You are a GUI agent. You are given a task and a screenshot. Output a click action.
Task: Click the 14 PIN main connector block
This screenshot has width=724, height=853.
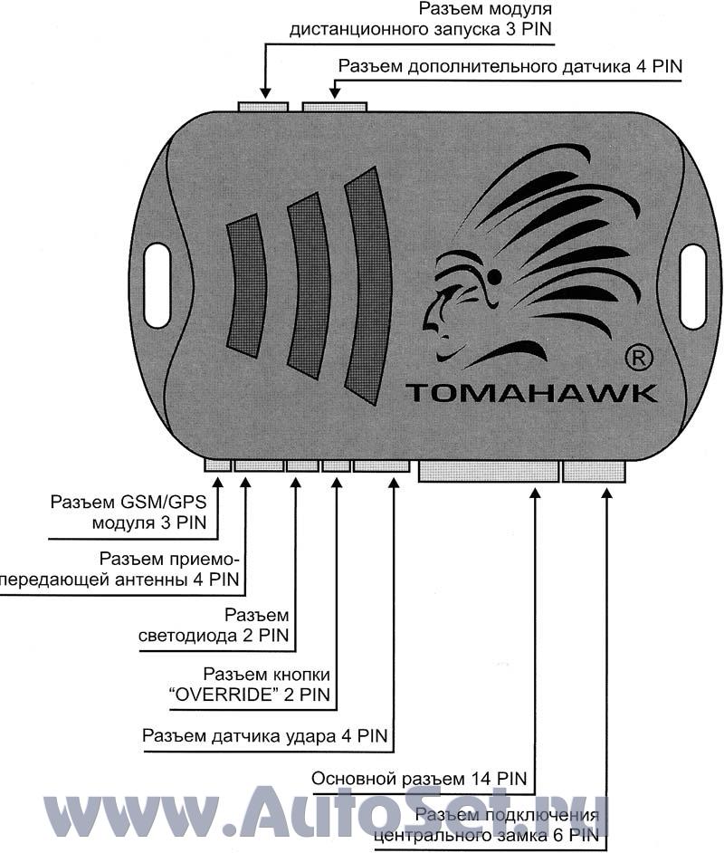488,470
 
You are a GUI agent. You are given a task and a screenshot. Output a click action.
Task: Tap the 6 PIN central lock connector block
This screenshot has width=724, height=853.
594,470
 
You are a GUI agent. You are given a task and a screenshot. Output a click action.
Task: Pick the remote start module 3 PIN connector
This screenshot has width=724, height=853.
263,106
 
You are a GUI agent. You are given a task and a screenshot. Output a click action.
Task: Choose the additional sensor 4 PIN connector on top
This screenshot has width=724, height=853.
334,106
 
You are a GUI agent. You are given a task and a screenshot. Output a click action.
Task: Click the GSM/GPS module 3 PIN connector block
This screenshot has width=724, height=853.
217,465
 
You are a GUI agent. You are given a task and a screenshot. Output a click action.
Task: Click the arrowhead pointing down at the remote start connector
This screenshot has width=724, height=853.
264,92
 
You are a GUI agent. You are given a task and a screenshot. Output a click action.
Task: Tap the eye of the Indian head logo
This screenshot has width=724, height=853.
494,274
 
